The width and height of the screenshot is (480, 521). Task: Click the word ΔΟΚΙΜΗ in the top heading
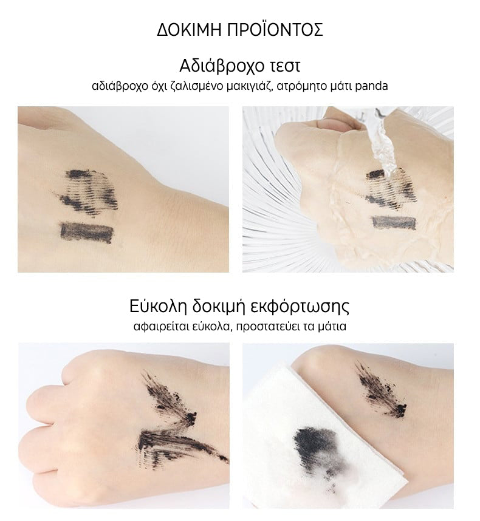pyautogui.click(x=189, y=30)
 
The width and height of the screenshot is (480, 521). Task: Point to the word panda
pyautogui.click(x=371, y=86)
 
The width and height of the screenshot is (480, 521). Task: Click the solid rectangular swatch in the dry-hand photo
pyautogui.click(x=87, y=232)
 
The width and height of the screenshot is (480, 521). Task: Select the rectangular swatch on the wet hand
pyautogui.click(x=394, y=223)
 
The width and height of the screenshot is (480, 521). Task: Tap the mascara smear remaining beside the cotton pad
pyautogui.click(x=383, y=391)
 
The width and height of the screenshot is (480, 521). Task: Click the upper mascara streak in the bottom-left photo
pyautogui.click(x=169, y=398)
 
